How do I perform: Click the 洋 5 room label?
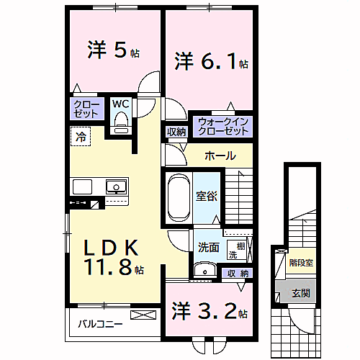pos(112,51)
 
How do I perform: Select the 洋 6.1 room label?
pos(211,62)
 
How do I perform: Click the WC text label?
pos(120,104)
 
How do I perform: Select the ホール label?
pos(220,156)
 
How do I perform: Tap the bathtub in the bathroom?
pos(177,199)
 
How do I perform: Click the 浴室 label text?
pos(205,196)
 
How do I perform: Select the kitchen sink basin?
pos(115,186)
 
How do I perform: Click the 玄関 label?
pos(300,293)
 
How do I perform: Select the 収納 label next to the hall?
pos(176,131)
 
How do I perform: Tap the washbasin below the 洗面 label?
pos(205,271)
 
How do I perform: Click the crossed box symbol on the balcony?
pos(142,315)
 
